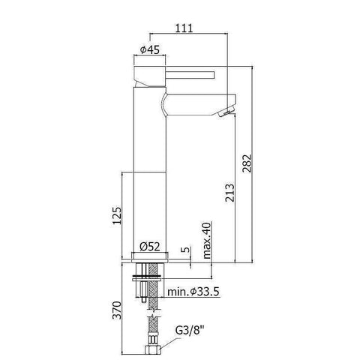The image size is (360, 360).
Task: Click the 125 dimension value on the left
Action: coord(115,216)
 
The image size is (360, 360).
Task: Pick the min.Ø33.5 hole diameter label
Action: coord(192,291)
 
